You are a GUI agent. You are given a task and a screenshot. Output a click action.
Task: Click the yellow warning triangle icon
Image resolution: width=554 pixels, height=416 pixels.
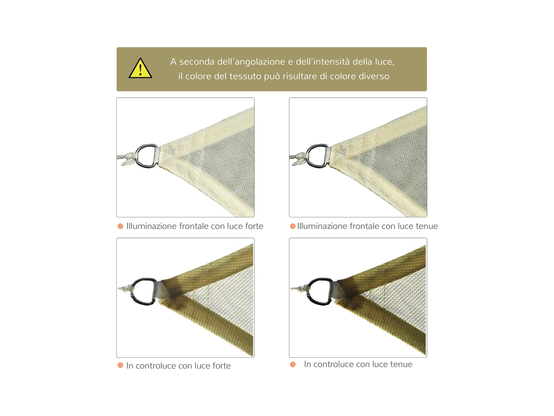point(140,68)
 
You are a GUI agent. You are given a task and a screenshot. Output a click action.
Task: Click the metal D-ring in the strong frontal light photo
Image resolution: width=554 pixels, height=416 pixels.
point(146,156)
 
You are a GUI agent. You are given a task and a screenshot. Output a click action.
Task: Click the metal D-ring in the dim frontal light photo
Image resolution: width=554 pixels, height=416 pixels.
point(318,156)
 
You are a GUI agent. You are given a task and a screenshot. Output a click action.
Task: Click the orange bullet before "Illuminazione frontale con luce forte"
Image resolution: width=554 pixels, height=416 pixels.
point(121,226)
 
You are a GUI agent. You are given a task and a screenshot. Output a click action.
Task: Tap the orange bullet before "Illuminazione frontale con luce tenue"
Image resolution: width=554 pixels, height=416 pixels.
point(293,226)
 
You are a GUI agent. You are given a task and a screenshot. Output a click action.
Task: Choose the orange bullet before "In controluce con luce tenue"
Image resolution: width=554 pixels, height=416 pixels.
point(293,364)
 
